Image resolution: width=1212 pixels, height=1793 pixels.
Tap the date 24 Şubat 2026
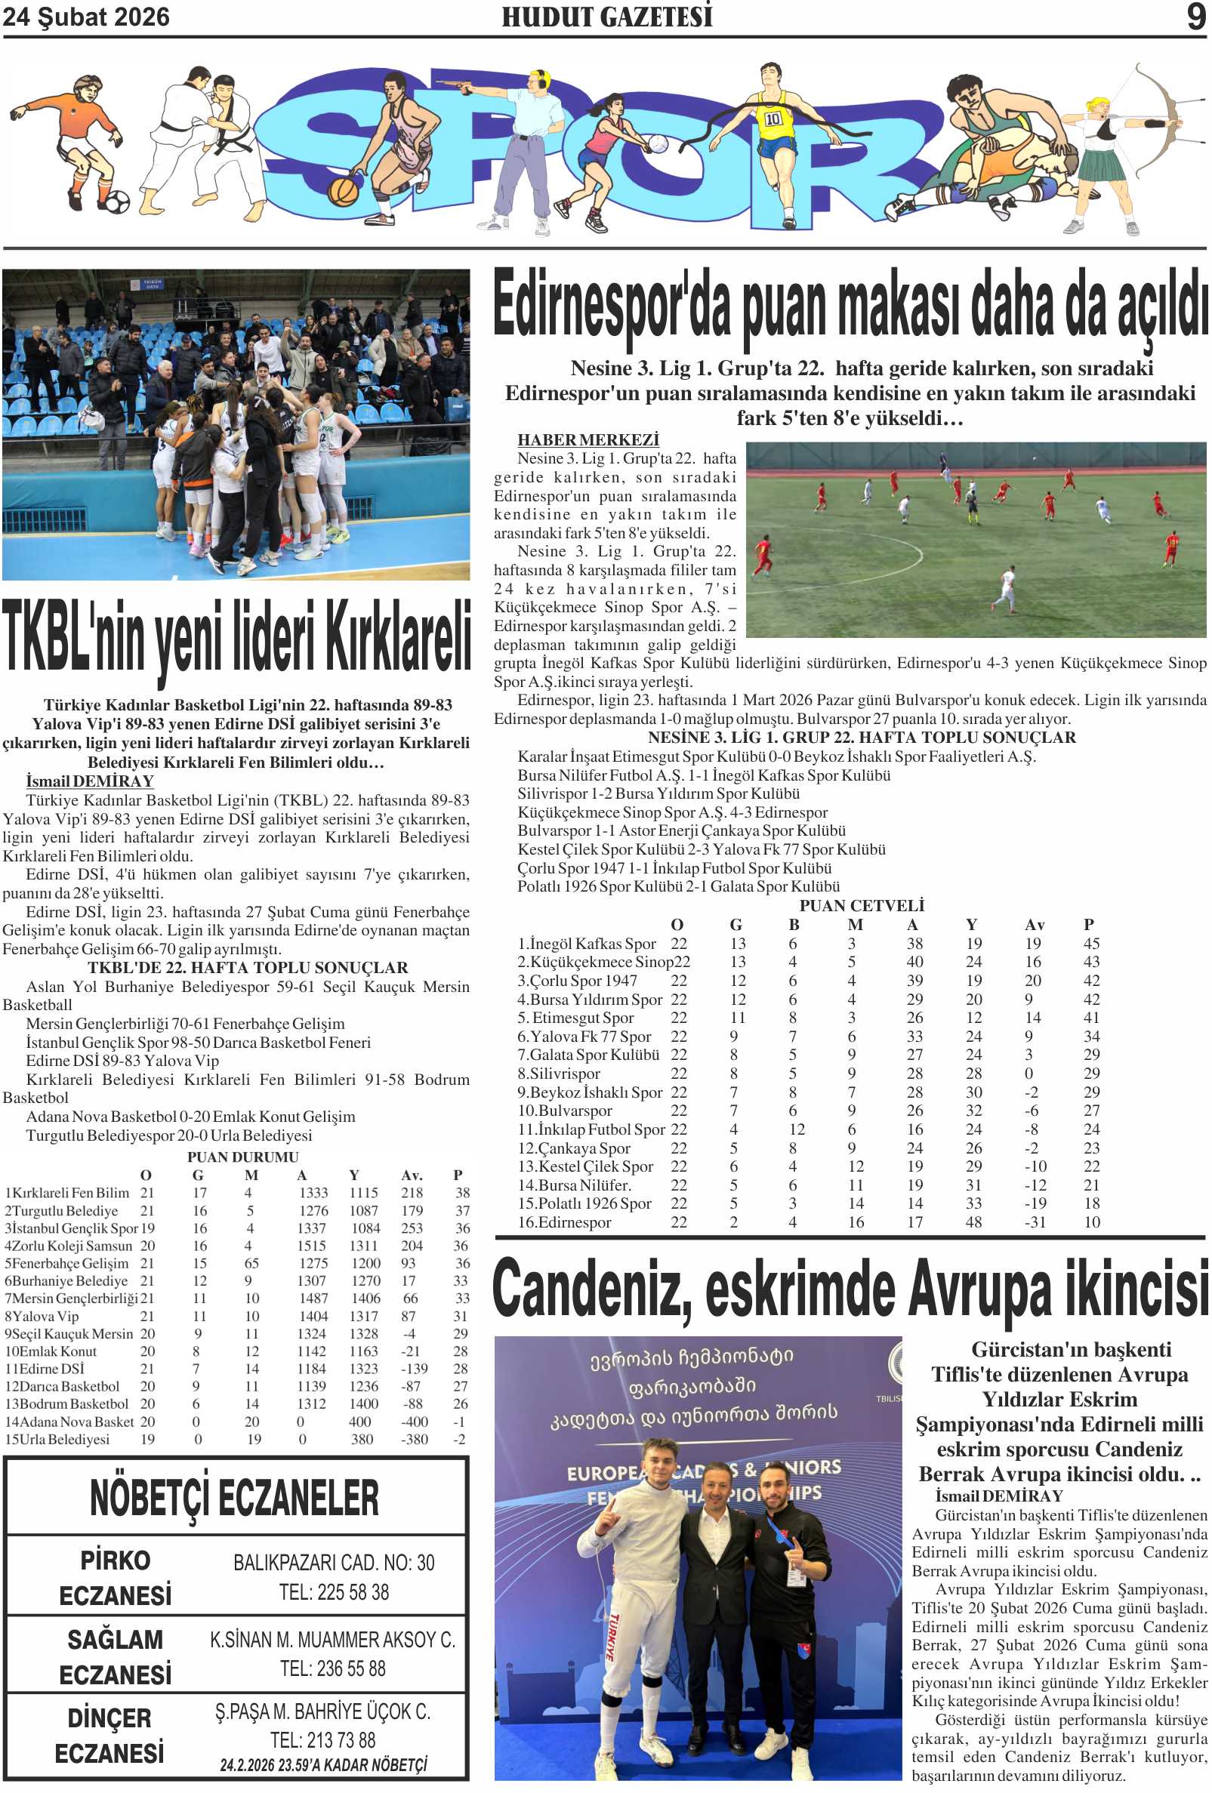(85, 17)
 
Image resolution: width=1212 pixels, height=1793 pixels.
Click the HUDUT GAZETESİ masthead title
(606, 17)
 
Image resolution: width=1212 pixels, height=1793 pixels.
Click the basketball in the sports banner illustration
(343, 191)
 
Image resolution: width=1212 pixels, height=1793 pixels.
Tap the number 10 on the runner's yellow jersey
(773, 119)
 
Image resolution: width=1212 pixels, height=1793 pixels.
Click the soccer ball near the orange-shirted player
(116, 202)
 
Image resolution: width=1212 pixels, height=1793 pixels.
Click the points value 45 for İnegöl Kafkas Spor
(1091, 944)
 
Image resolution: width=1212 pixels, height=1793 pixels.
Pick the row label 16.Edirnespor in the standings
(564, 1222)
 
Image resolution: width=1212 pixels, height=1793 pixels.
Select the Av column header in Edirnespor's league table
(1034, 924)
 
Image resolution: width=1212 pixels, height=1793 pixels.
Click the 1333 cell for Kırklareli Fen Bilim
(313, 1193)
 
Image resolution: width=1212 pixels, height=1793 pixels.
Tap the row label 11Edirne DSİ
(45, 1369)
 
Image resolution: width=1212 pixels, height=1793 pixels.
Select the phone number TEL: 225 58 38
(333, 1591)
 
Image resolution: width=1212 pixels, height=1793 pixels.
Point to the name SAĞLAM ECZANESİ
(115, 1656)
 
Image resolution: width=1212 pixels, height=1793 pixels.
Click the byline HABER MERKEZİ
(587, 440)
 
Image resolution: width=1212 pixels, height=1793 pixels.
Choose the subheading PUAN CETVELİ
(861, 906)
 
